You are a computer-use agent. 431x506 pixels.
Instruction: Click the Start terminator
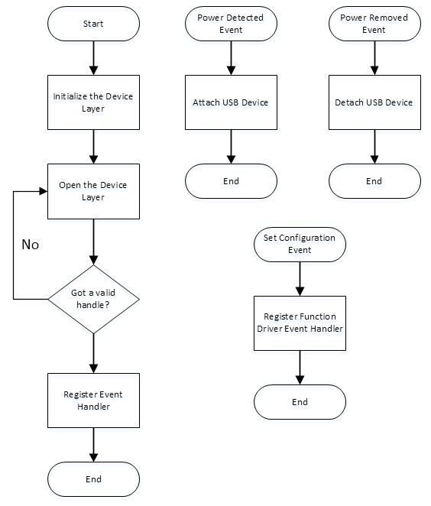click(93, 24)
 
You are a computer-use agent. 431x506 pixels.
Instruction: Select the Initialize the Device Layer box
click(93, 102)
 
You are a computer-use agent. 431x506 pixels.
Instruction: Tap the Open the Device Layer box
click(93, 191)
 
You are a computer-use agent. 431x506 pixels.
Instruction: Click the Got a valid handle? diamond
click(93, 299)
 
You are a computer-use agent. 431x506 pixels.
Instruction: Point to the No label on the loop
click(31, 245)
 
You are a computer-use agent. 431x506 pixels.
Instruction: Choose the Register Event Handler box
click(93, 401)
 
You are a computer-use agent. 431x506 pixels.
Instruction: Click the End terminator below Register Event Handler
click(93, 479)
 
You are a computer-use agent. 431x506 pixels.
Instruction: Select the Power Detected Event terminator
click(231, 24)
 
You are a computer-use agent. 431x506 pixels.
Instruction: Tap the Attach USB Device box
click(231, 102)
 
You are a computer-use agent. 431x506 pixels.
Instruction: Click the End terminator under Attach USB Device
click(231, 181)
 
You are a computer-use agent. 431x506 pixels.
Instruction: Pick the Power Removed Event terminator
click(374, 24)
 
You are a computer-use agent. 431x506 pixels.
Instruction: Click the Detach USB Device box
click(374, 102)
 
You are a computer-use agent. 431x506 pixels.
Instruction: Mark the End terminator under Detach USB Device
click(374, 181)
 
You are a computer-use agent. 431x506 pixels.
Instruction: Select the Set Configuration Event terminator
click(300, 245)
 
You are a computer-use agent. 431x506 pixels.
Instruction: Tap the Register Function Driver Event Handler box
click(300, 323)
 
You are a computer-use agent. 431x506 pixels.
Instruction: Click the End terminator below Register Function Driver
click(300, 402)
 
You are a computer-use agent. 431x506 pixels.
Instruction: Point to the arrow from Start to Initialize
click(93, 58)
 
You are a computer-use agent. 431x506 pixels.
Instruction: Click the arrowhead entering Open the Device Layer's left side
click(44, 191)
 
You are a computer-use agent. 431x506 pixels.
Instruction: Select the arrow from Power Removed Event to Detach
click(374, 58)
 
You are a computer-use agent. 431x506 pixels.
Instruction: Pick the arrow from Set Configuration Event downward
click(300, 279)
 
